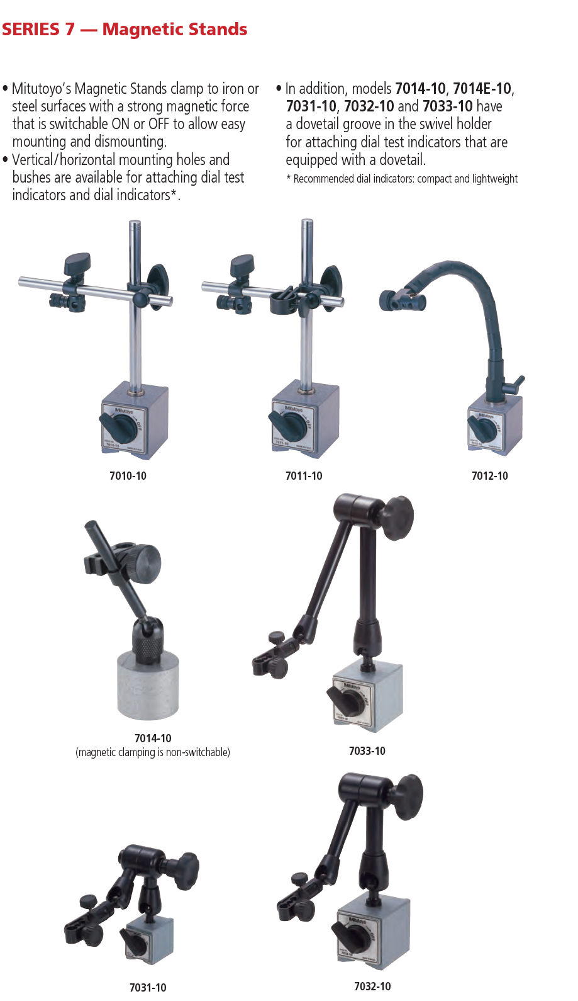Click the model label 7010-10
point(128,475)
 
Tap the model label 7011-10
point(304,475)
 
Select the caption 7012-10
point(489,475)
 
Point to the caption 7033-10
point(367,750)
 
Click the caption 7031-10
point(148,987)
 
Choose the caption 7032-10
point(372,986)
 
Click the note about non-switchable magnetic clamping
point(153,752)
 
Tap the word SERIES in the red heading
point(31,30)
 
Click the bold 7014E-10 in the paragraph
point(482,89)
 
